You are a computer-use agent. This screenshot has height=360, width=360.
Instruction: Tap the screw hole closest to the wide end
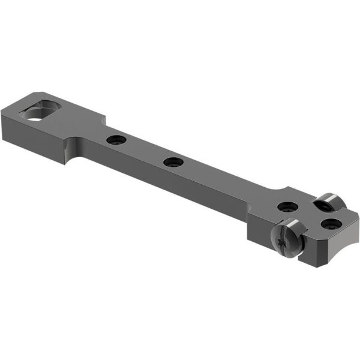click(x=115, y=140)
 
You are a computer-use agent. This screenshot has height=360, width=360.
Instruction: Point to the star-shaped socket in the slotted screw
click(x=281, y=242)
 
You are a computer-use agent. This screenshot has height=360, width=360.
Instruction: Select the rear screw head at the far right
click(x=328, y=202)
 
